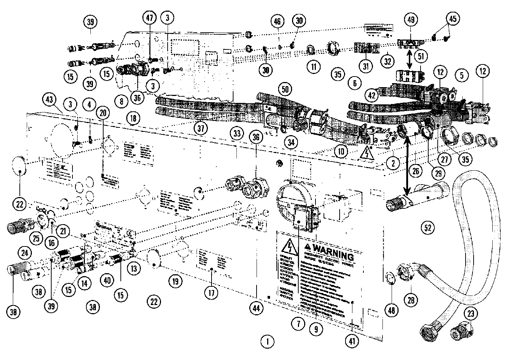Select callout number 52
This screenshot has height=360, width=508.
tap(427, 227)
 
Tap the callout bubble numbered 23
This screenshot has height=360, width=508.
tap(471, 313)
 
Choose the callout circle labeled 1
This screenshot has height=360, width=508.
tap(268, 342)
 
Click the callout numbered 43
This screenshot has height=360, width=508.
tap(50, 99)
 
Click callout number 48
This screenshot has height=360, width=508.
tap(392, 311)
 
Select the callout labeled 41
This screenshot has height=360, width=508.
tap(352, 341)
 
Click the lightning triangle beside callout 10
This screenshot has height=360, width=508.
tap(366, 154)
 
